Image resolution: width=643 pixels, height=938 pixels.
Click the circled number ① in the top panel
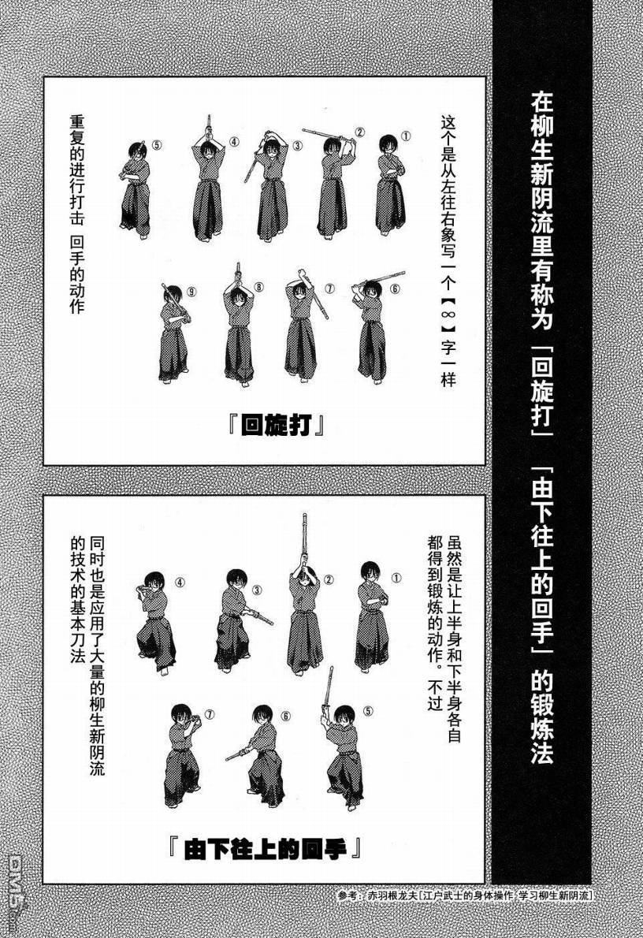(406, 136)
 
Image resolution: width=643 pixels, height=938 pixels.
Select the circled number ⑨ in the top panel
(192, 292)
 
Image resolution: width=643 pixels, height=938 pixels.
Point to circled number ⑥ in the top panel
(395, 288)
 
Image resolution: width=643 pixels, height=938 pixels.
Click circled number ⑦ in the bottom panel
(210, 714)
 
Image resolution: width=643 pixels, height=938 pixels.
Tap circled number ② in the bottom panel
(329, 579)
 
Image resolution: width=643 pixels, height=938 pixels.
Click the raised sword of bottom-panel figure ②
(304, 542)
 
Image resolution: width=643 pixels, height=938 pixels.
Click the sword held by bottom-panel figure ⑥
(238, 753)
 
